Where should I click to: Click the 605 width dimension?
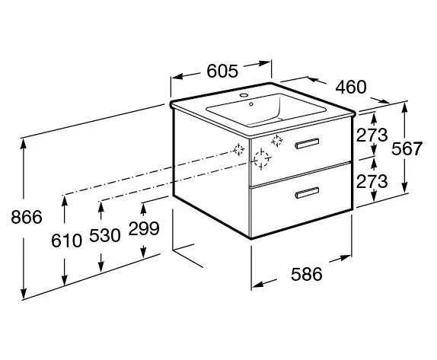click(222, 71)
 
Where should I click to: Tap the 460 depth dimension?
click(351, 87)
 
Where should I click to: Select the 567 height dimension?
click(407, 148)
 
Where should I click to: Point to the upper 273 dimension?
click(372, 135)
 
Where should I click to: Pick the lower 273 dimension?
click(372, 181)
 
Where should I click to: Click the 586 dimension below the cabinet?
click(306, 274)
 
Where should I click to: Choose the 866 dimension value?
click(27, 217)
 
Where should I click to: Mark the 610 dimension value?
click(66, 241)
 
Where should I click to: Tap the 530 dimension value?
click(105, 235)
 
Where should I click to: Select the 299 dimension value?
click(144, 228)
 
